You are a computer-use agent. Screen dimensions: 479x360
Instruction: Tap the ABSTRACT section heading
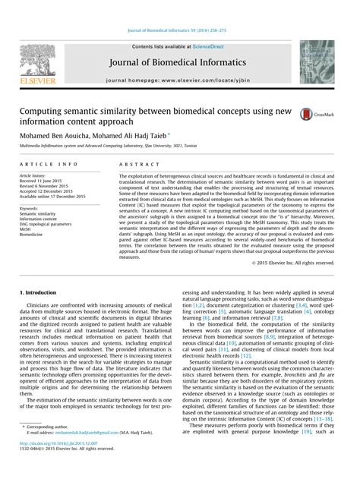[137, 164]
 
